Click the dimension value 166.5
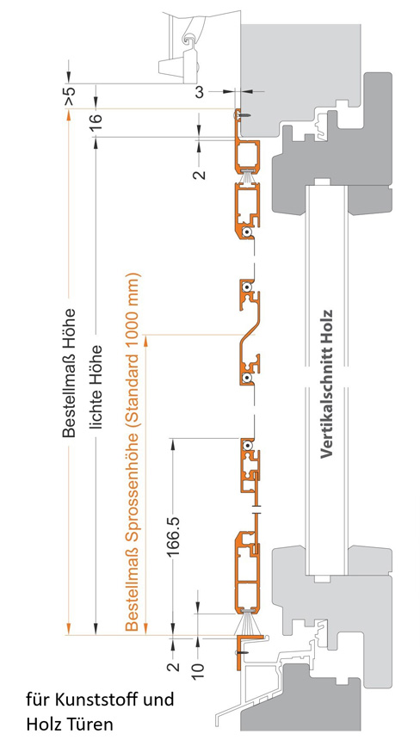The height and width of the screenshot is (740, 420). [x=175, y=537]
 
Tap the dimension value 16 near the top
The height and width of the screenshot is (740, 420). [x=96, y=122]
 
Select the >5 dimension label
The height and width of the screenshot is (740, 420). [x=69, y=96]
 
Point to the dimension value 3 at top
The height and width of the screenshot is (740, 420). [x=199, y=93]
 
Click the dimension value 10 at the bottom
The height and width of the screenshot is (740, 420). [x=198, y=668]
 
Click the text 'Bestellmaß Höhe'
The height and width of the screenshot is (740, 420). [x=69, y=373]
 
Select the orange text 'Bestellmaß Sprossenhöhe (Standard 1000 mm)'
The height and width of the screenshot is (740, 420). [x=133, y=452]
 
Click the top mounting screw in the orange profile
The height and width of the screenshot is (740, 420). [x=243, y=114]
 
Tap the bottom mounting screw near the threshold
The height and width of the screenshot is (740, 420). [x=242, y=651]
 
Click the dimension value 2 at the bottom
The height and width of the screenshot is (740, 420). [x=175, y=667]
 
